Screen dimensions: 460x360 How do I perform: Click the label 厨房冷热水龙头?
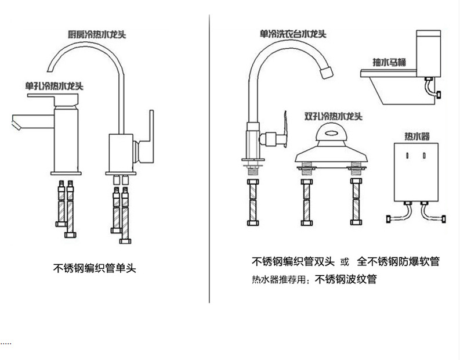pos(97,34)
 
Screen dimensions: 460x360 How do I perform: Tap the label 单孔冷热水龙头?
pos(54,86)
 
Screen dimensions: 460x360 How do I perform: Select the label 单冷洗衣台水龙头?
pos(293,34)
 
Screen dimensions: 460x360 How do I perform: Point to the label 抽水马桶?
pos(389,62)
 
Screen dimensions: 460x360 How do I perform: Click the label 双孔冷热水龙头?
pos(334,116)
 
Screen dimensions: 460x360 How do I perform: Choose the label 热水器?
pos(417,136)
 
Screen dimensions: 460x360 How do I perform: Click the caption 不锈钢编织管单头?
pos(95,268)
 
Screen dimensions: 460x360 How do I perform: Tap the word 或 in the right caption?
pos(345,262)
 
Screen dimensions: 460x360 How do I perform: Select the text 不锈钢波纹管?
pos(346,279)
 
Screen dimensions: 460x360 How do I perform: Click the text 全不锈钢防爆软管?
pos(398,261)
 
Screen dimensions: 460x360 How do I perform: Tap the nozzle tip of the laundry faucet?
pos(327,72)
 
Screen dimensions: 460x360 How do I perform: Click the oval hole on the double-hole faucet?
pos(331,134)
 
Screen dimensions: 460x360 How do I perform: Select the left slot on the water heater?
pos(407,156)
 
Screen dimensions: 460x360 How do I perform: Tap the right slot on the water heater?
pos(424,156)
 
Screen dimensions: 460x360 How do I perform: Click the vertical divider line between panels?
pos(209,159)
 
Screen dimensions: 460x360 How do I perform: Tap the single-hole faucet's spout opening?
pos(16,123)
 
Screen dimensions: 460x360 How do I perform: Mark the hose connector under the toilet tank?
pos(429,79)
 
